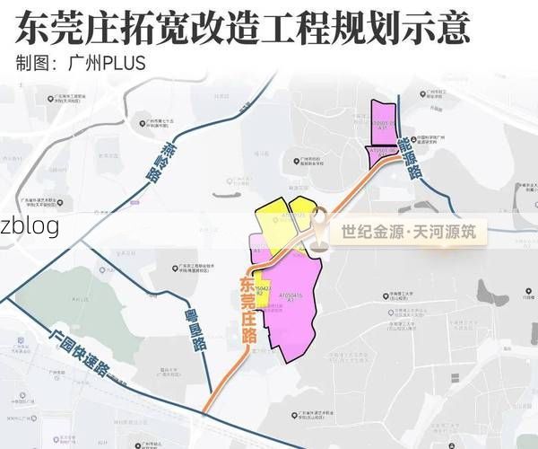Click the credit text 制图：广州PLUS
click(x=80, y=65)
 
